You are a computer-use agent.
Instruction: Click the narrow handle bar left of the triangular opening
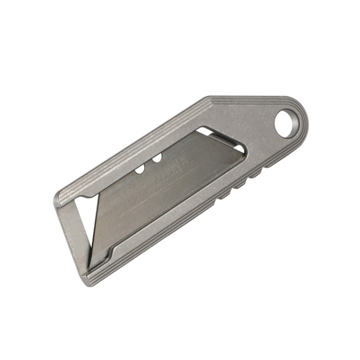click(x=67, y=231)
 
